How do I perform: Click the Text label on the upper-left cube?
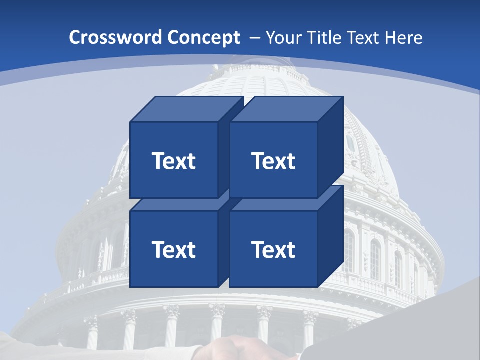pyautogui.click(x=173, y=161)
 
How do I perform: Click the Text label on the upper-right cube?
pyautogui.click(x=273, y=161)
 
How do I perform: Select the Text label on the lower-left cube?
pyautogui.click(x=173, y=249)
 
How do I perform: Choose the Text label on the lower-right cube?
pyautogui.click(x=273, y=249)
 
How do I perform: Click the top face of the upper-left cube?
pyautogui.click(x=186, y=109)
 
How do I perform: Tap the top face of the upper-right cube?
pyautogui.click(x=286, y=109)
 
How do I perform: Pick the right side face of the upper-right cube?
pyautogui.click(x=330, y=147)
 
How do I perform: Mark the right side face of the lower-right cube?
pyautogui.click(x=330, y=236)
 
